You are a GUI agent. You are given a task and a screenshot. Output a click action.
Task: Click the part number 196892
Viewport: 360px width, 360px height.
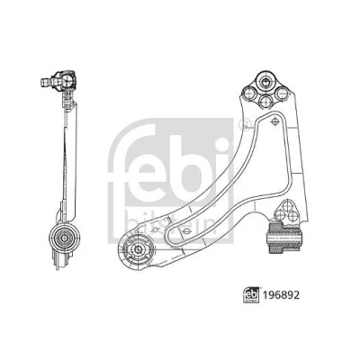click(x=282, y=295)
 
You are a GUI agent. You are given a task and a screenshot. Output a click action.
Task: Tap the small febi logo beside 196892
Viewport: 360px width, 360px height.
click(x=251, y=295)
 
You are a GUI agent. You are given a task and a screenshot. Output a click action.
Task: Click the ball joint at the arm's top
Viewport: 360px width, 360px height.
click(x=265, y=81)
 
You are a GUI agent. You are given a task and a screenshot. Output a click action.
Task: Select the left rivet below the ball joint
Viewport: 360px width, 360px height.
click(x=249, y=94)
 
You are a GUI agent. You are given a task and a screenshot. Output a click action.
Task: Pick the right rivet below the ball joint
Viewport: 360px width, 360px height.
click(x=282, y=94)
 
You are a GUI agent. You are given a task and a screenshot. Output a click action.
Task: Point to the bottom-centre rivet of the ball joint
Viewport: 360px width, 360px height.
click(x=265, y=102)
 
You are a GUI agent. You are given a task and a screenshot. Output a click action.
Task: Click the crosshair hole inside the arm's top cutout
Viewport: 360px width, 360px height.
click(x=274, y=121)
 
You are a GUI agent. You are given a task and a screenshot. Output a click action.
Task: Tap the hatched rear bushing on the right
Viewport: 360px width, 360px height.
click(x=284, y=238)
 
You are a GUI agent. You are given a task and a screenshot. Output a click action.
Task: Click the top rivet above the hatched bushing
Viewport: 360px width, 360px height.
click(x=287, y=206)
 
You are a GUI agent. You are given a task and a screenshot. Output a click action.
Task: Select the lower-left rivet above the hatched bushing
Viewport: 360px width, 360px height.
click(x=280, y=215)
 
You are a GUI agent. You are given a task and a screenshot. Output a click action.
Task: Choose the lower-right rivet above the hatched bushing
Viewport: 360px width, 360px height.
click(x=292, y=216)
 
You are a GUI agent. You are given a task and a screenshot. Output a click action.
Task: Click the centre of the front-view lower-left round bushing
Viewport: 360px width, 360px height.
click(x=138, y=248)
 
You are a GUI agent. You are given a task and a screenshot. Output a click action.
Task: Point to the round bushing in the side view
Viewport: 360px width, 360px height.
click(x=64, y=238)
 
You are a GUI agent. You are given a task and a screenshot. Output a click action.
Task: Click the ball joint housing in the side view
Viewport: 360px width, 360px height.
click(x=67, y=80)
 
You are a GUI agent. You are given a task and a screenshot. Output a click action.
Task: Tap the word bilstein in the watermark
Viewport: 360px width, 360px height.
click(x=171, y=221)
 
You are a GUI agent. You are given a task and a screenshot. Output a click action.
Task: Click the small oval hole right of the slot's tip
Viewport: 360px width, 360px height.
click(x=186, y=231)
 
